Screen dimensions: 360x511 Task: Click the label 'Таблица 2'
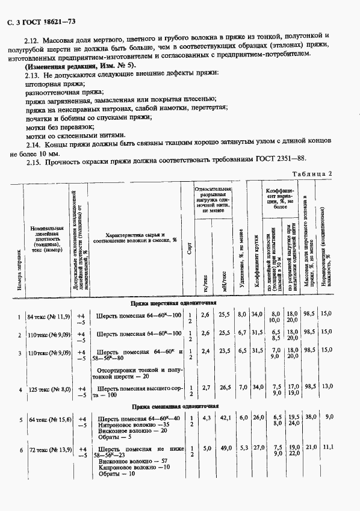point(312,174)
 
